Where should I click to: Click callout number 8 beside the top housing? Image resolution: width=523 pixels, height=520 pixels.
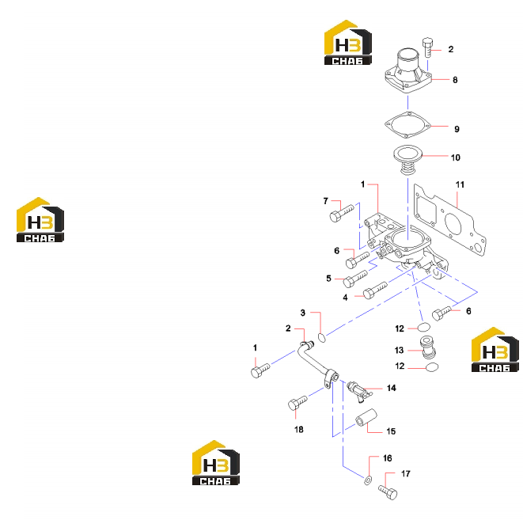click(x=455, y=80)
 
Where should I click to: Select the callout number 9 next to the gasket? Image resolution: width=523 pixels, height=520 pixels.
click(x=457, y=129)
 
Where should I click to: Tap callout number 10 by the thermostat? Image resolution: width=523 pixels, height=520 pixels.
click(x=455, y=158)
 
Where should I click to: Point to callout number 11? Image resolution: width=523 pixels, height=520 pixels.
click(x=460, y=184)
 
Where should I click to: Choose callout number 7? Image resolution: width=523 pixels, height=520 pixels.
click(x=325, y=201)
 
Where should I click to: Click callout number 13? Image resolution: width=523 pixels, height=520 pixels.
click(x=399, y=350)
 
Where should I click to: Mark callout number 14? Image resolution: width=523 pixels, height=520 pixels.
click(x=391, y=388)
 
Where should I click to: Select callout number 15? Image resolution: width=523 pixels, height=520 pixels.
click(x=391, y=431)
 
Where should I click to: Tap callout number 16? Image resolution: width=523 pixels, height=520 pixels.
click(x=387, y=458)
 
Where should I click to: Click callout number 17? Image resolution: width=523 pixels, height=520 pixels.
click(x=406, y=473)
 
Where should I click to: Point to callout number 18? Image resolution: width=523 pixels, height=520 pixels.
click(x=299, y=429)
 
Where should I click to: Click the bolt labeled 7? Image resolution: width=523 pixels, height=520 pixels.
click(x=341, y=213)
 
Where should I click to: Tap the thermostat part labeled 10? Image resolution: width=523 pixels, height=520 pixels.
click(x=408, y=159)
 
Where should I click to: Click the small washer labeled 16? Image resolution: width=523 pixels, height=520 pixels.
click(x=368, y=480)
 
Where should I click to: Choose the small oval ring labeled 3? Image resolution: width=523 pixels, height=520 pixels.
click(x=321, y=337)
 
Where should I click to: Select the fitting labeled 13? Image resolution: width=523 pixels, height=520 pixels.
click(x=428, y=347)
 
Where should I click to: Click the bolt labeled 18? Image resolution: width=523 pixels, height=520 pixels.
click(x=298, y=403)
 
